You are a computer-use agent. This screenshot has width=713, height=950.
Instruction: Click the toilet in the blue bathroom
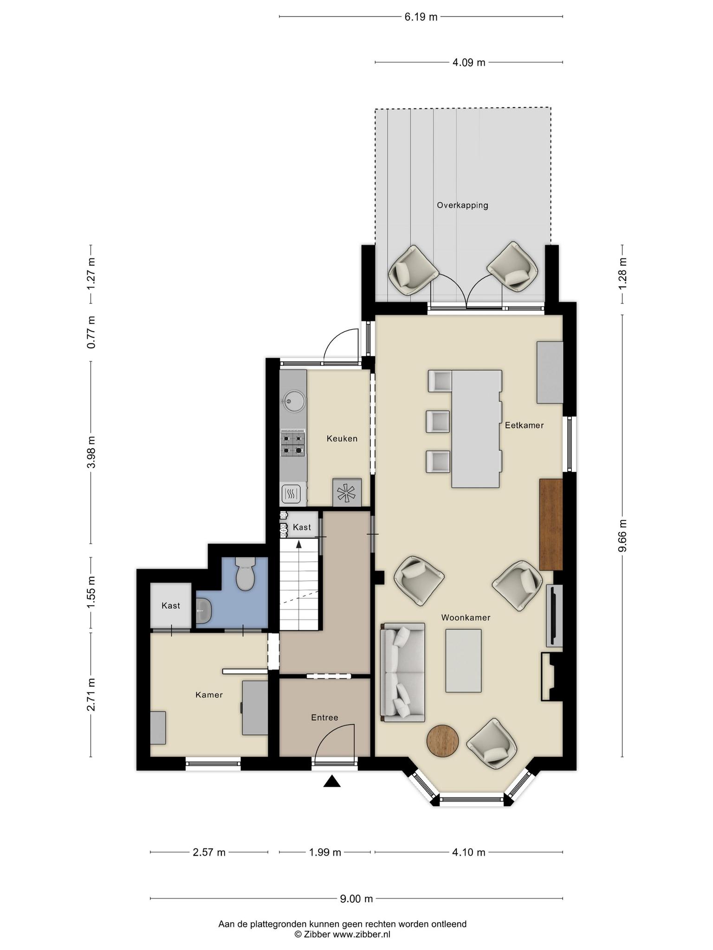tap(245, 573)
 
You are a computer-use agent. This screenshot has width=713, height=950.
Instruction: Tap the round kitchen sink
tap(293, 399)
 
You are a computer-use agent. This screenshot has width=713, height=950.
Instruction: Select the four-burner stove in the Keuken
tap(293, 443)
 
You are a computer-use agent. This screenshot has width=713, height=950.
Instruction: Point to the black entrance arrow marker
tap(332, 781)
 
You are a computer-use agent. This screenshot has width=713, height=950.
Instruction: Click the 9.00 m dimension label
tap(356, 899)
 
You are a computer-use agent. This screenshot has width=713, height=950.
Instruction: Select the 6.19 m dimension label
tap(421, 17)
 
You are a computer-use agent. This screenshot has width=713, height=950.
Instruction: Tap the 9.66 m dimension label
tap(623, 535)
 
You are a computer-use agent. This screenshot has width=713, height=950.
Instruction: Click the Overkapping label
tap(462, 205)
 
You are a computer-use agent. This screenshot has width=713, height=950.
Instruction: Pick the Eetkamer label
tap(524, 425)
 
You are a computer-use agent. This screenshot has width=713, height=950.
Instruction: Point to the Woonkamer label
tap(466, 617)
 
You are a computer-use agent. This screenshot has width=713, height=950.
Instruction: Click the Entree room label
tap(324, 718)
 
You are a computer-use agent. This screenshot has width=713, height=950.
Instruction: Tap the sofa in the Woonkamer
tap(402, 672)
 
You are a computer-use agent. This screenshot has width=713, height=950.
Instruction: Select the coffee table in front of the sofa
tap(463, 661)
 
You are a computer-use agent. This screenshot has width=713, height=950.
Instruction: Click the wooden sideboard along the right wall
tap(551, 525)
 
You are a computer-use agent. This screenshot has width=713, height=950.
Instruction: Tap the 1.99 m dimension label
tap(325, 852)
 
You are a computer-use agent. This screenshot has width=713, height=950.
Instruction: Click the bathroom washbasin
tap(204, 610)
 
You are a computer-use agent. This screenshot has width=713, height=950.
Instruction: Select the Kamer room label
tap(209, 694)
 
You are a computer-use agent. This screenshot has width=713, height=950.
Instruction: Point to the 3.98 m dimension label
tap(91, 452)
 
